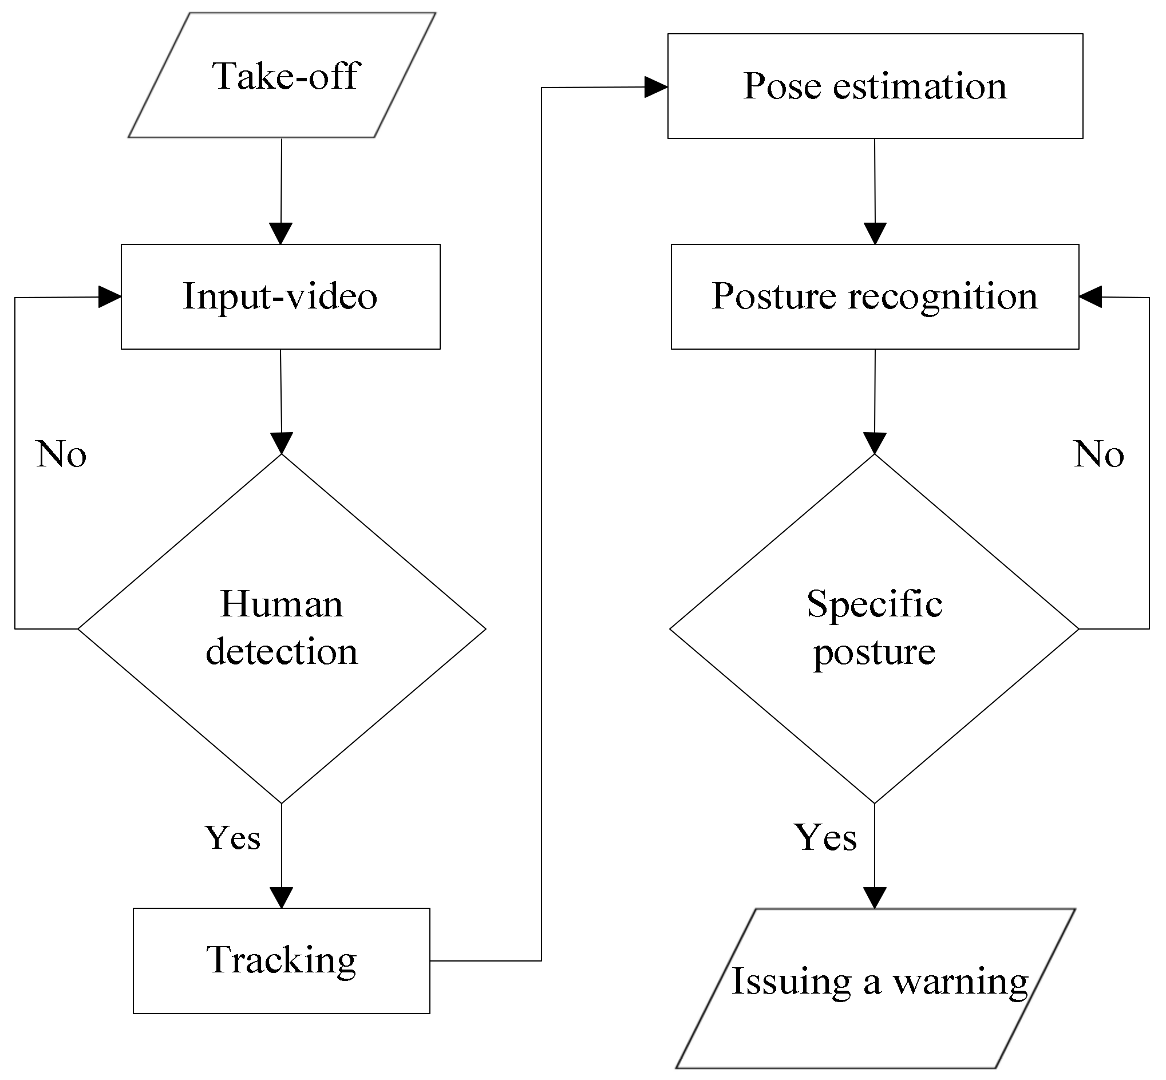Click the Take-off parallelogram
coord(282,76)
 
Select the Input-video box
coord(280,296)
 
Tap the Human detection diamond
coord(282,629)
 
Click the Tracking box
coord(281,961)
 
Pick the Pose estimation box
coord(875,86)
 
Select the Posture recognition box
coord(875,296)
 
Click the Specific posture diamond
coord(874,629)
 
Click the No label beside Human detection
coord(61,454)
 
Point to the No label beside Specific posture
coord(1099,454)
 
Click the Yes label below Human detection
coord(232,837)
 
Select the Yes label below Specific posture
coord(825,837)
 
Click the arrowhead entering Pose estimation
coord(657,87)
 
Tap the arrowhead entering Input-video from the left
coord(109,297)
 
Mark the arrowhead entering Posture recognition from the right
coord(1090,296)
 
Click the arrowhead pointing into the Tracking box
coord(282,897)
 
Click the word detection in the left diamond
coord(282,652)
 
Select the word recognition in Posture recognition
coord(943,296)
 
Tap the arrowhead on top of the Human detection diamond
coord(282,443)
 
